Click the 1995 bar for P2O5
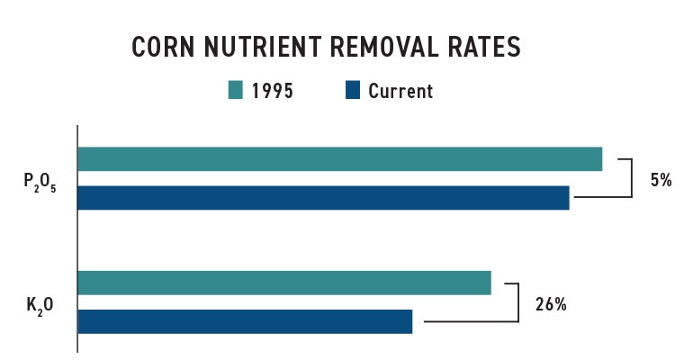(x=339, y=158)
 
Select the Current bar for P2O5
(x=323, y=197)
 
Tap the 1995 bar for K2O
(x=284, y=283)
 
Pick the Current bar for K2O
(x=245, y=321)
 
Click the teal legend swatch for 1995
(x=236, y=90)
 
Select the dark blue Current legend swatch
(x=353, y=90)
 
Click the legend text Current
(x=400, y=91)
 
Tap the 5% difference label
(x=661, y=179)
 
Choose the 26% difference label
(x=550, y=304)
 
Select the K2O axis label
(x=40, y=305)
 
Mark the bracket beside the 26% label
(x=519, y=301)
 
